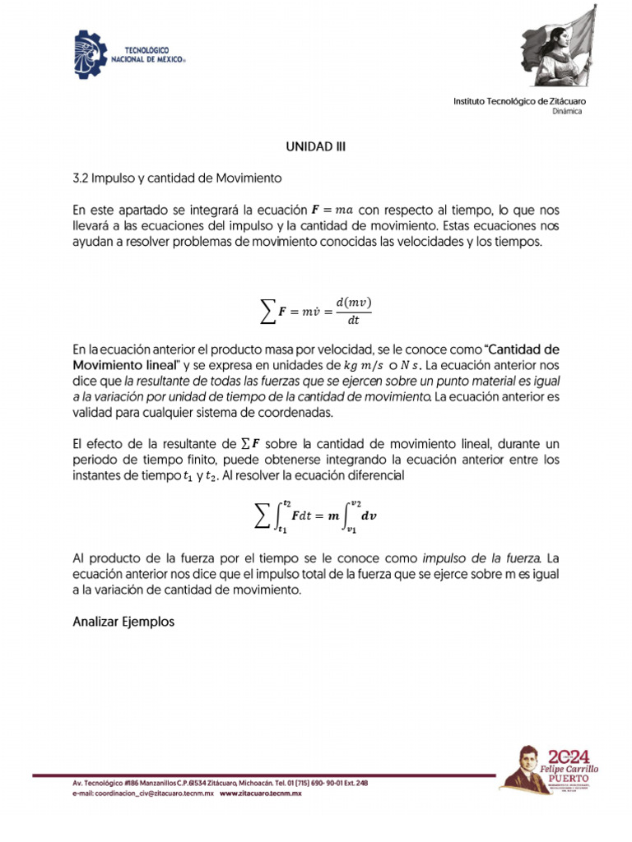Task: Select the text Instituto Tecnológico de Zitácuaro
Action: click(520, 101)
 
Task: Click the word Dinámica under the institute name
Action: click(567, 112)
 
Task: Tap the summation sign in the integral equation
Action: click(261, 516)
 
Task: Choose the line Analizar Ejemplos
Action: click(123, 622)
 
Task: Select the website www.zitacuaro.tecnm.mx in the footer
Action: click(260, 793)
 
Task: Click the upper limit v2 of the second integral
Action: click(355, 503)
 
